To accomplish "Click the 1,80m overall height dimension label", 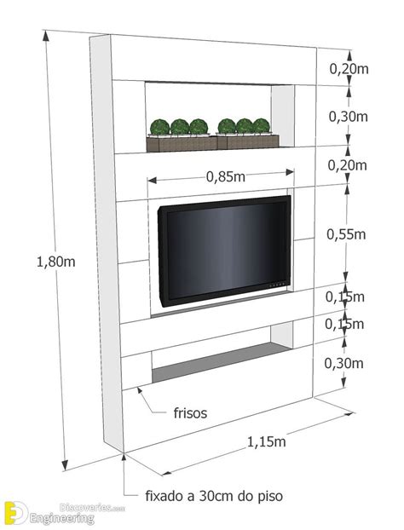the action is (x=56, y=262).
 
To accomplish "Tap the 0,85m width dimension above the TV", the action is (x=226, y=176).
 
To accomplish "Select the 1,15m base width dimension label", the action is (x=267, y=441).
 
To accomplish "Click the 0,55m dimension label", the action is (x=346, y=234).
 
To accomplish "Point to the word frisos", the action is (x=190, y=413).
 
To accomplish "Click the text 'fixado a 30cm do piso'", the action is (x=214, y=496).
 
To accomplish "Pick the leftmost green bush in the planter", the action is (x=160, y=127).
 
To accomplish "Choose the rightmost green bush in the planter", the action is (x=261, y=126).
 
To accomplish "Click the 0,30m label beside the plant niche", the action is (x=349, y=117).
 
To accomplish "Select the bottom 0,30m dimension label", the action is (x=343, y=363).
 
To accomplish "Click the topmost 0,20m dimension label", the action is (x=349, y=69).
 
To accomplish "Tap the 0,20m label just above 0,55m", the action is (x=348, y=165).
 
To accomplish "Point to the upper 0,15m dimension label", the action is (x=345, y=297).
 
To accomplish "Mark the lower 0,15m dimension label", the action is (x=344, y=324).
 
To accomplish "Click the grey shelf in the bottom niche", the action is (x=222, y=362).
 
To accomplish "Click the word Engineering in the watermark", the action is (x=62, y=518).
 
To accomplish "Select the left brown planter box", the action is (x=182, y=143).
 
